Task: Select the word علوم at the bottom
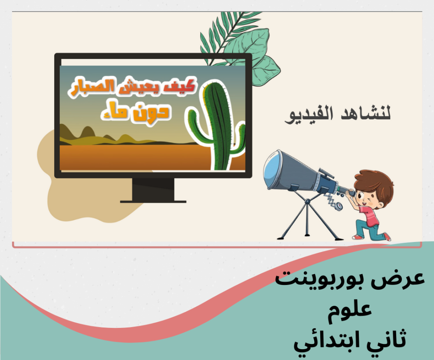(349, 310)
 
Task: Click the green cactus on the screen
(217, 124)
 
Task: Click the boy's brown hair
(378, 183)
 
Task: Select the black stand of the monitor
(153, 190)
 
